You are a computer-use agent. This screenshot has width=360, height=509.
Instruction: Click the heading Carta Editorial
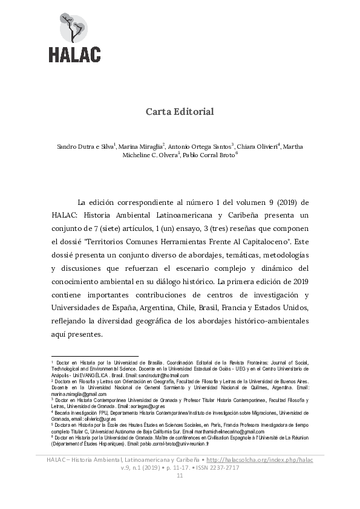(x=180, y=112)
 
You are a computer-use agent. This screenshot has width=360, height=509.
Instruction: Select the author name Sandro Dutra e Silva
(x=85, y=147)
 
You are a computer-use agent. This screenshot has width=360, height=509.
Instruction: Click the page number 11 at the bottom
(x=180, y=476)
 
